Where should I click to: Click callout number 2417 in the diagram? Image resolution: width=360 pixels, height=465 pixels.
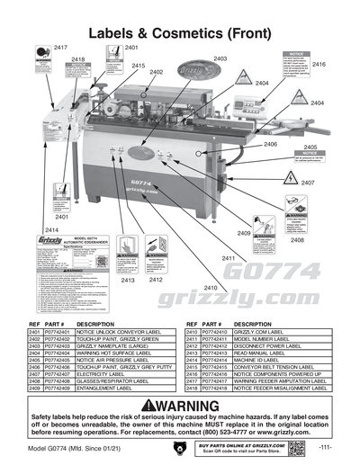point(60,45)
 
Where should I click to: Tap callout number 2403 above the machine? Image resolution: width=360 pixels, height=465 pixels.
point(220,58)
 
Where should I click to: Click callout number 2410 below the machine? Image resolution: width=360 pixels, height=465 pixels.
point(210,287)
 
